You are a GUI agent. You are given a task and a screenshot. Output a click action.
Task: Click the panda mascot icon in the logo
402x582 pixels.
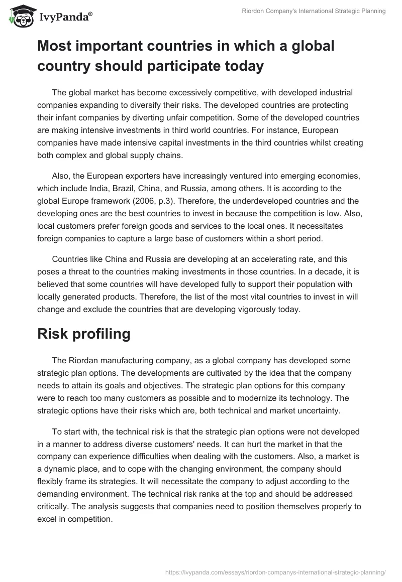pos(20,16)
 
